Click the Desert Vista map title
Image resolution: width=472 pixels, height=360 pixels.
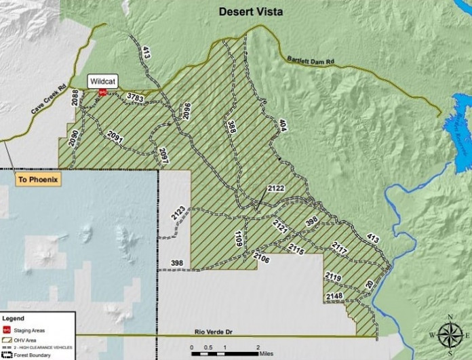(x=250, y=12)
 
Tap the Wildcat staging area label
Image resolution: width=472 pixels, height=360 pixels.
(x=103, y=81)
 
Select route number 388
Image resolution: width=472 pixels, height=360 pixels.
(x=231, y=129)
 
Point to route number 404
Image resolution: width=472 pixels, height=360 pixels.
(x=283, y=127)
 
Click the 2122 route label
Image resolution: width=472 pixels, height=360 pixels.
(x=276, y=188)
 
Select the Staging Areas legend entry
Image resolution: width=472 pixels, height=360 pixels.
(x=27, y=329)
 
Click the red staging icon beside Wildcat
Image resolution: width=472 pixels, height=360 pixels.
(x=102, y=92)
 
